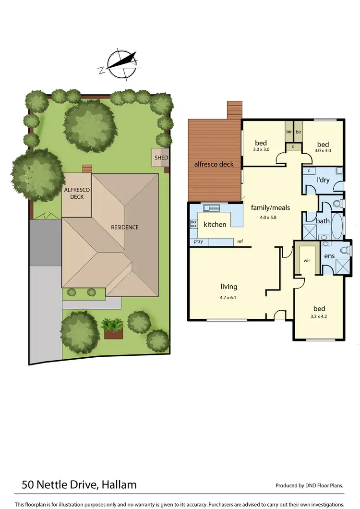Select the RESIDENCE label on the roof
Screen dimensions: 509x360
coord(125,227)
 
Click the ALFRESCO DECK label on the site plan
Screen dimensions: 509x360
coord(77,194)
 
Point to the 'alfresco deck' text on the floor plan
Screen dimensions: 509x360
coord(214,164)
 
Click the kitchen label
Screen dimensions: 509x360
coord(215,224)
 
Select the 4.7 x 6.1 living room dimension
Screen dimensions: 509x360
coord(229,298)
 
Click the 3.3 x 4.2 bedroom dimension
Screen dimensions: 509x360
coord(319,318)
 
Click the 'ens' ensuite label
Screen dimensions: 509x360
coord(329,256)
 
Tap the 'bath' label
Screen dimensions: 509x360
coord(323,221)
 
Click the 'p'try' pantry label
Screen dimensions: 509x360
coord(198,242)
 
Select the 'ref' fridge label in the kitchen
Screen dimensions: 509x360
coord(240,242)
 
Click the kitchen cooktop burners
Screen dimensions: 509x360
coord(193,223)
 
